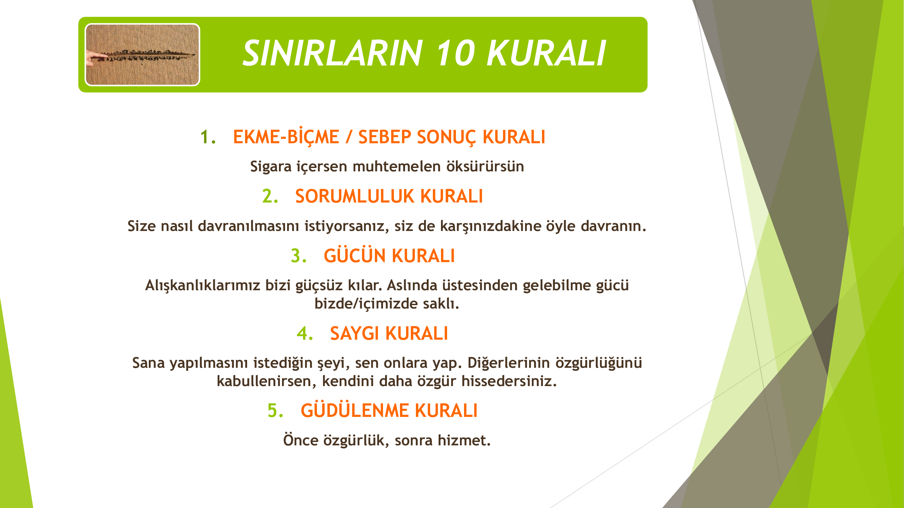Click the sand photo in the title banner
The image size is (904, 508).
pyautogui.click(x=142, y=55)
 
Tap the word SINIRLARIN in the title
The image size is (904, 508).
pyautogui.click(x=332, y=53)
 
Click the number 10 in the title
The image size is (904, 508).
pyautogui.click(x=455, y=53)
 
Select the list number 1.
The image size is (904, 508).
pyautogui.click(x=207, y=137)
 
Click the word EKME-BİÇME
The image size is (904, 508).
pyautogui.click(x=286, y=136)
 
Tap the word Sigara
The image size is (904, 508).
pyautogui.click(x=270, y=167)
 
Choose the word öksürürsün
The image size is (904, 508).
pyautogui.click(x=485, y=166)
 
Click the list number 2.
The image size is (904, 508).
pyautogui.click(x=270, y=196)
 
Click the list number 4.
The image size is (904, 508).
pyautogui.click(x=305, y=333)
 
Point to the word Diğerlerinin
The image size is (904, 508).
pyautogui.click(x=509, y=363)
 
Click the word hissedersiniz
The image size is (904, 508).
pyautogui.click(x=509, y=381)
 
